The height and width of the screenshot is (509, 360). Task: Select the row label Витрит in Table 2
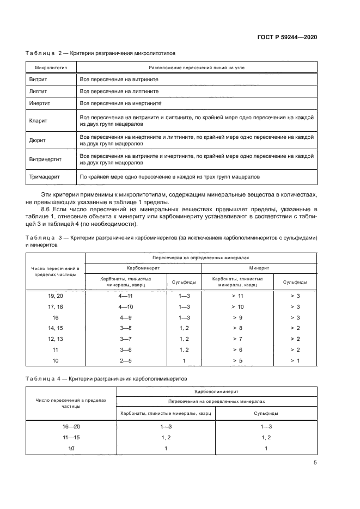pyautogui.click(x=38, y=79)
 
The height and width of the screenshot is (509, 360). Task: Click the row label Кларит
pyautogui.click(x=38, y=120)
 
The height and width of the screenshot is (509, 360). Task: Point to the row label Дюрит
pyautogui.click(x=38, y=140)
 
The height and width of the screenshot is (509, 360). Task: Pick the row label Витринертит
pyautogui.click(x=45, y=160)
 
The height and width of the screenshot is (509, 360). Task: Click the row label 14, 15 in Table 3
pyautogui.click(x=56, y=328)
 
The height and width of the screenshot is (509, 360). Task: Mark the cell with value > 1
pyautogui.click(x=295, y=360)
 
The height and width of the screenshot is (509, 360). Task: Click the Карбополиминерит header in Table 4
pyautogui.click(x=217, y=391)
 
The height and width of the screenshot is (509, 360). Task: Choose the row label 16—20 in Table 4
pyautogui.click(x=71, y=427)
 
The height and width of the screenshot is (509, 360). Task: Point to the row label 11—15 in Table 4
pyautogui.click(x=71, y=438)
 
